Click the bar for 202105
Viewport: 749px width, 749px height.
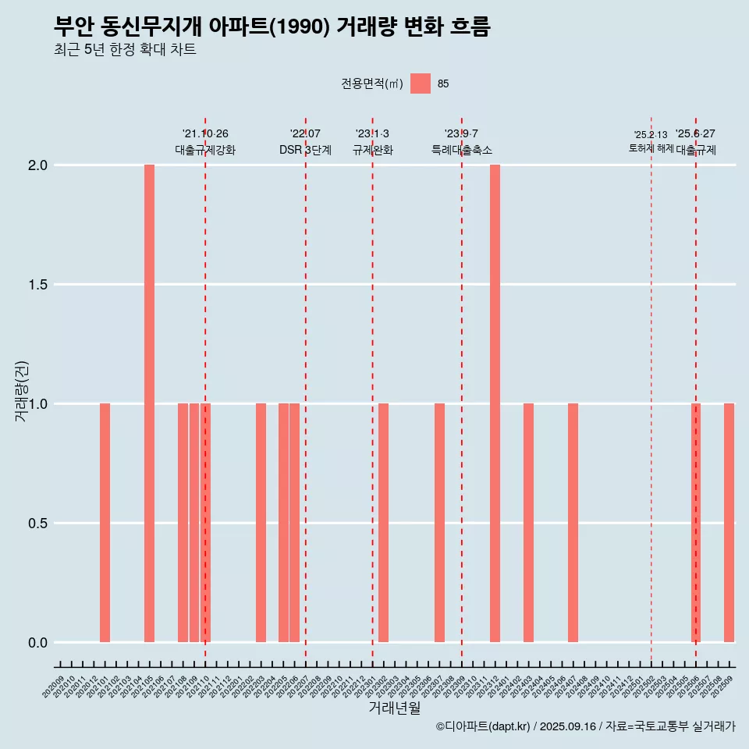(x=149, y=403)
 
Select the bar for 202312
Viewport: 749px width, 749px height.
(x=495, y=403)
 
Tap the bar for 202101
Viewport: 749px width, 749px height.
(x=105, y=523)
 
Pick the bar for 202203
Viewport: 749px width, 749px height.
(x=261, y=523)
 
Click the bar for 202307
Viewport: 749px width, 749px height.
(x=439, y=523)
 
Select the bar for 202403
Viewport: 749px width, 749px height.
(x=528, y=523)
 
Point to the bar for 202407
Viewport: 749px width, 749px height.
(x=573, y=523)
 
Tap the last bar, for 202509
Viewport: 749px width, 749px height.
(x=729, y=523)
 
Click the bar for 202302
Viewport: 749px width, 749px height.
(x=383, y=523)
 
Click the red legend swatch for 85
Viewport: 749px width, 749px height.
(x=421, y=83)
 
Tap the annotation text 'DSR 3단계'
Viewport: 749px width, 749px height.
(x=305, y=150)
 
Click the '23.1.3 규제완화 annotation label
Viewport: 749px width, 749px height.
(x=372, y=142)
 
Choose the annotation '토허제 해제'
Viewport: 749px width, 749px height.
(x=651, y=148)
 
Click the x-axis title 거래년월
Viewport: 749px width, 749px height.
(x=394, y=708)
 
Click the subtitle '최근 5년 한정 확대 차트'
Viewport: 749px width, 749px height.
(x=125, y=50)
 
